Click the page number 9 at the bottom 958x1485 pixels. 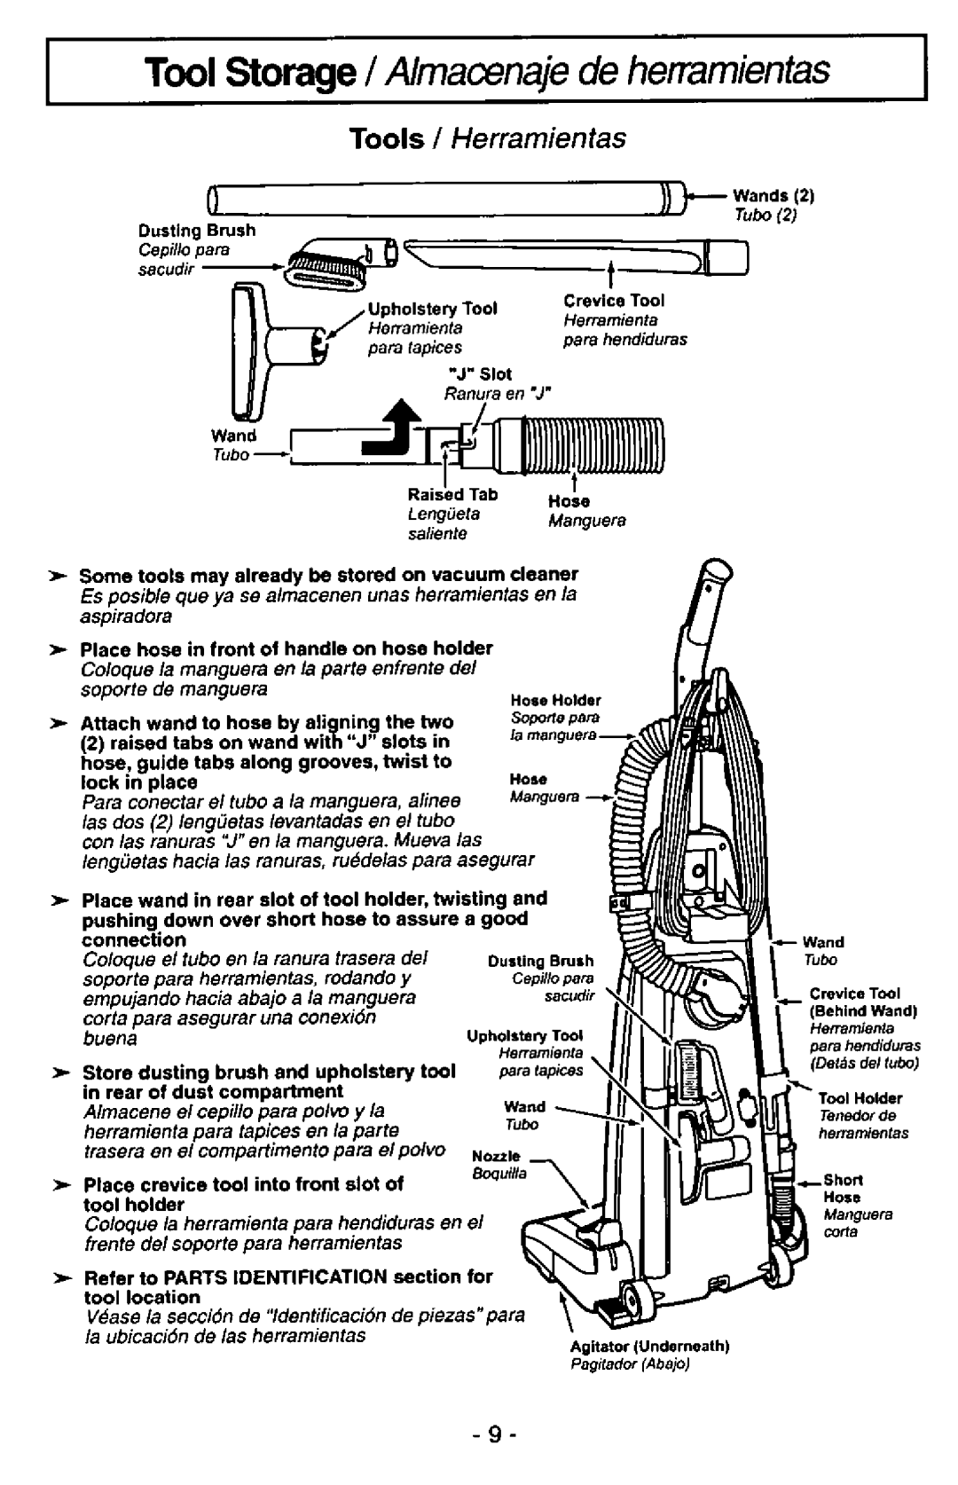[x=479, y=1434]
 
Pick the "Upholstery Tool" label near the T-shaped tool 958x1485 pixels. [x=432, y=309]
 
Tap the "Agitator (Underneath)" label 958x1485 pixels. [x=650, y=1346]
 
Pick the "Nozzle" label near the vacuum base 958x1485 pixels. [x=496, y=1158]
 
